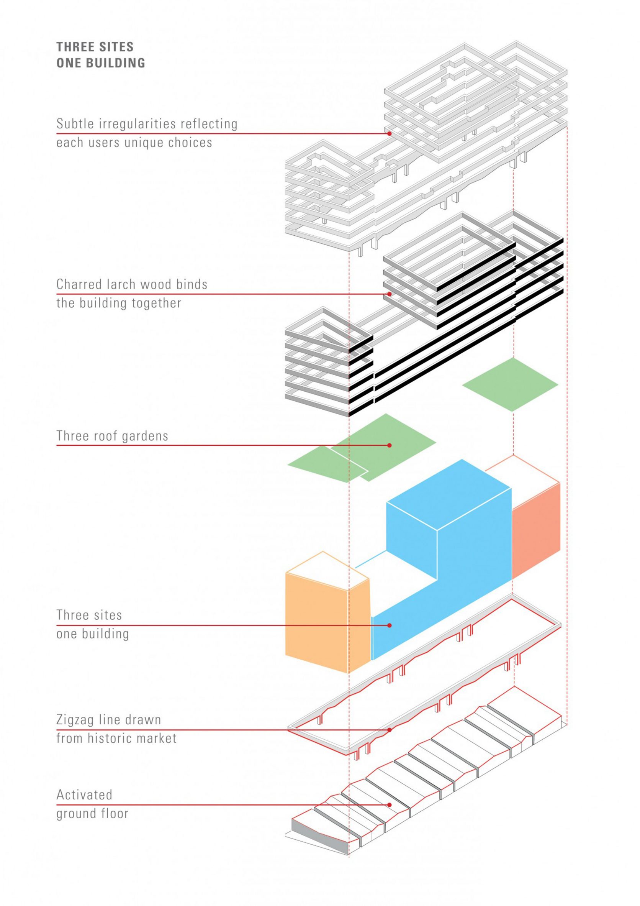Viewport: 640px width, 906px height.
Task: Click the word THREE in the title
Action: [74, 47]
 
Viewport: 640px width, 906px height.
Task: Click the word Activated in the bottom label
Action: [84, 794]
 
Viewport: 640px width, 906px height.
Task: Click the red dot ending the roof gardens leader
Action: [389, 445]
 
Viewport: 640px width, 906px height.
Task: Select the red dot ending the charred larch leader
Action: [389, 294]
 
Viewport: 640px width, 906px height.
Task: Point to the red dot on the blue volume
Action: [389, 625]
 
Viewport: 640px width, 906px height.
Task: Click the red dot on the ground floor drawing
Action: [389, 804]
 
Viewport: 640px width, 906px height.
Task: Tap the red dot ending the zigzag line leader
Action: [389, 730]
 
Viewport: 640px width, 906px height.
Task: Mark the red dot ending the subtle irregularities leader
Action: [389, 134]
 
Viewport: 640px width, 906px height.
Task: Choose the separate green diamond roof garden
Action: [510, 384]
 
